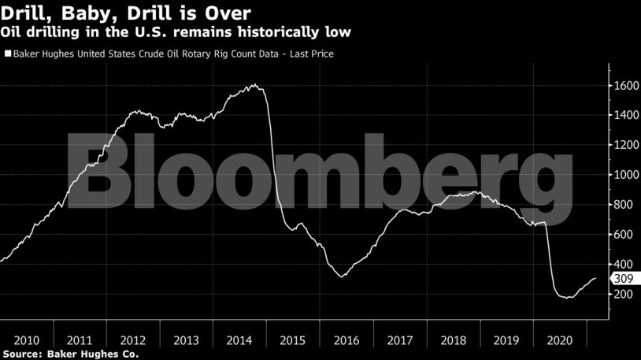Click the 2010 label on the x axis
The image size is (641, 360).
click(27, 340)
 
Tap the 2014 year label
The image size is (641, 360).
click(239, 340)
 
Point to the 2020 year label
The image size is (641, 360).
click(558, 340)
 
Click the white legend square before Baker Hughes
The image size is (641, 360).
click(7, 55)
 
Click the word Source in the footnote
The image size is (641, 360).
click(21, 354)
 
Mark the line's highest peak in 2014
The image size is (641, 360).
click(254, 84)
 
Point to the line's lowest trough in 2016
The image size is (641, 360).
click(341, 276)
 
